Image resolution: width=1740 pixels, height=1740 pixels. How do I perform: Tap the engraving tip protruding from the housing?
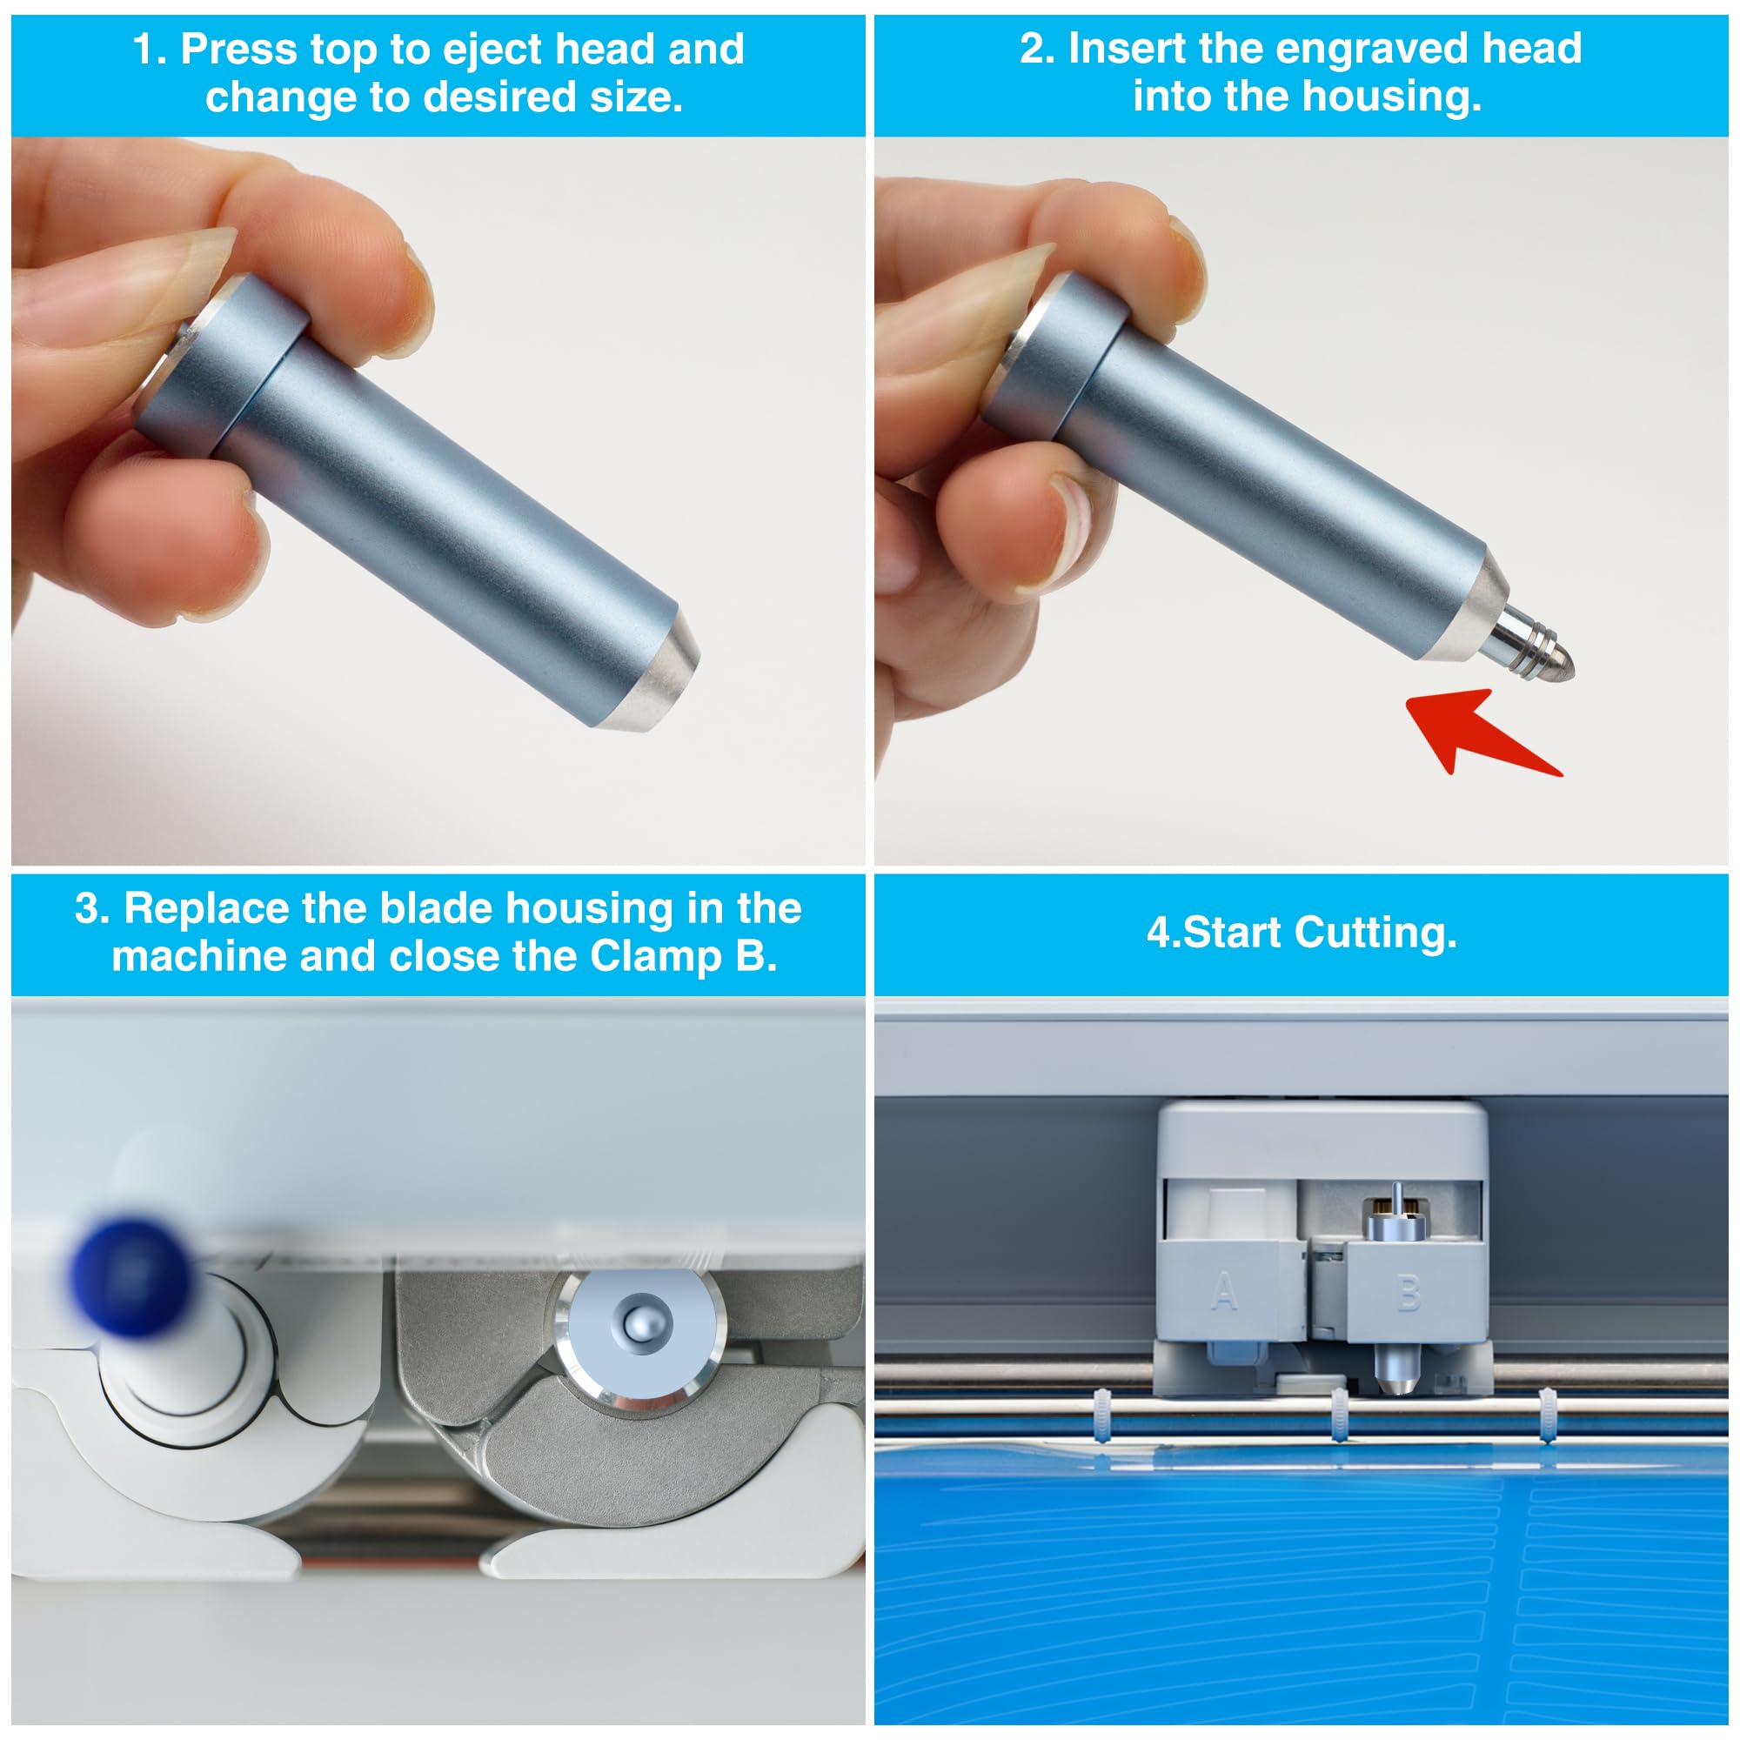coord(1530,642)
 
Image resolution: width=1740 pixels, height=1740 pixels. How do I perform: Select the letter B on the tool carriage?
coord(1409,1294)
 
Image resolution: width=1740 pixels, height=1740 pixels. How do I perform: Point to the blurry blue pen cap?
coord(132,1277)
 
